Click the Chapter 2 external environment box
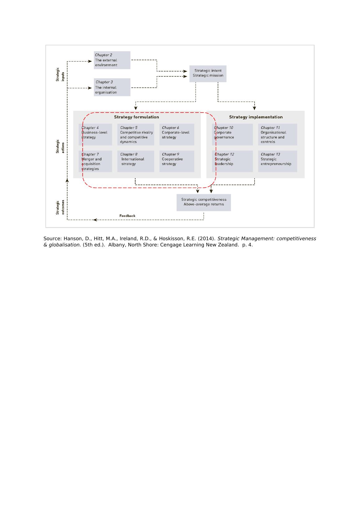click(x=112, y=60)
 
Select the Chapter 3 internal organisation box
click(x=112, y=87)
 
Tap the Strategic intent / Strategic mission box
click(x=208, y=73)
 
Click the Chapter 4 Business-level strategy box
click(x=95, y=135)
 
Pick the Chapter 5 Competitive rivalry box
click(x=136, y=135)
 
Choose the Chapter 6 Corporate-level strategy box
click(x=177, y=135)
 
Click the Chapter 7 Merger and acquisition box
click(x=95, y=161)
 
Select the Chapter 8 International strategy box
click(x=136, y=161)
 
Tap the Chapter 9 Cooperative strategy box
click(x=177, y=161)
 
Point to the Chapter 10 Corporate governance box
click(x=232, y=135)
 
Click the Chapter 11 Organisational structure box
click(x=277, y=135)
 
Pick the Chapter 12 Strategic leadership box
click(x=232, y=161)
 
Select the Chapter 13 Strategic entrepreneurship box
click(x=277, y=161)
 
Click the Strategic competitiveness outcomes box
click(x=204, y=202)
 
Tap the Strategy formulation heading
click(x=136, y=117)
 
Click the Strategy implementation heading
click(x=256, y=117)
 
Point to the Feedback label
click(x=127, y=216)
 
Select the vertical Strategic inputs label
click(x=60, y=75)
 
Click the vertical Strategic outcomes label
click(x=60, y=207)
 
